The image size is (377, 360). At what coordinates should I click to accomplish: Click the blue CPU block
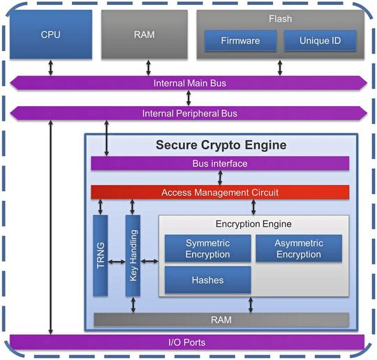point(50,34)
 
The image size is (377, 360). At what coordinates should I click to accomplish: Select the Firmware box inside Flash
point(239,40)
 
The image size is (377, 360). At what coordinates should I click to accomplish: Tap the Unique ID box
point(320,40)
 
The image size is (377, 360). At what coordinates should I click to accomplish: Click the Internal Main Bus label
point(189,83)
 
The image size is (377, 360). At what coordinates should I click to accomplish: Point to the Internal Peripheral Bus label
point(189,113)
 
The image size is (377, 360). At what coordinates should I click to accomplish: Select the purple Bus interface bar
point(220,163)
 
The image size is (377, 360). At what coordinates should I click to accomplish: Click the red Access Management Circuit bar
point(220,192)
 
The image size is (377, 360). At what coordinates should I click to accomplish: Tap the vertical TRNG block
point(101,256)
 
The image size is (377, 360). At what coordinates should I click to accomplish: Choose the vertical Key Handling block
point(133,256)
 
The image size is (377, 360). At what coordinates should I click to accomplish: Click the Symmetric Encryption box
point(207,248)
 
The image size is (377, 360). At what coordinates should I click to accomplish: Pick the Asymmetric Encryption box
point(300,248)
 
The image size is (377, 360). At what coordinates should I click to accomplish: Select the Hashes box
point(207,280)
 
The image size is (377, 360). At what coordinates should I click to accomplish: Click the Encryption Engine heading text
point(253,224)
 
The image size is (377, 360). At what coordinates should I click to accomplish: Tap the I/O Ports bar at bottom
point(187,343)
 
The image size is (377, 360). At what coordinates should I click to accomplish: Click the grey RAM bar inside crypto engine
point(220,320)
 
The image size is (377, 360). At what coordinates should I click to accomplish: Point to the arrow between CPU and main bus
point(50,68)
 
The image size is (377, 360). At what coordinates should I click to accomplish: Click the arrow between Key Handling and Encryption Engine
point(150,262)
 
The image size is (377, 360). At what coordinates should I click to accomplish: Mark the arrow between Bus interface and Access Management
point(220,177)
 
